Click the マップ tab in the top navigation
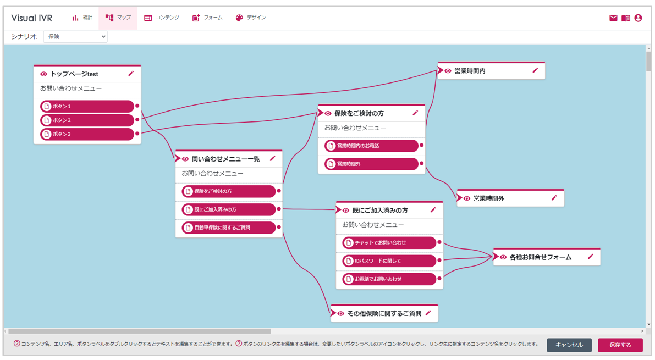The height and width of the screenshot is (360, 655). (118, 18)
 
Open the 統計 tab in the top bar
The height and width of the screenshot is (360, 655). (82, 18)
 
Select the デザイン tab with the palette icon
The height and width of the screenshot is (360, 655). (251, 18)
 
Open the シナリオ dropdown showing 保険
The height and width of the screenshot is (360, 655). (75, 37)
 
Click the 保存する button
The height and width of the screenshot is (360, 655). (620, 345)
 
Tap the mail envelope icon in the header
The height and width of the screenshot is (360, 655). (613, 18)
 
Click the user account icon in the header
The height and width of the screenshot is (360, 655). (638, 18)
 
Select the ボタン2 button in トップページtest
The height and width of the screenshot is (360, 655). (87, 120)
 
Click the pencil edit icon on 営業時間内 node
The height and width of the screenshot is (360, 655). (535, 70)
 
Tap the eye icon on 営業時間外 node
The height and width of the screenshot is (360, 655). (466, 198)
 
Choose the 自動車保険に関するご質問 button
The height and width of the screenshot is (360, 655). (228, 228)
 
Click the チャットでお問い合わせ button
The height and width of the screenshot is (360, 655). (389, 242)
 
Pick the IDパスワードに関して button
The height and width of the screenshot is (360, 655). (389, 261)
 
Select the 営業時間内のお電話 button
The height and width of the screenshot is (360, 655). (371, 146)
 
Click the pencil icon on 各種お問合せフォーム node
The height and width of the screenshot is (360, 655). (590, 257)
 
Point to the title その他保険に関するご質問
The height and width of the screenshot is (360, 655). (384, 314)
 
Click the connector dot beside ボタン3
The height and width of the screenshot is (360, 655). (137, 134)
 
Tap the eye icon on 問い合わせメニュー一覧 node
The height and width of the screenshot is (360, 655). (185, 159)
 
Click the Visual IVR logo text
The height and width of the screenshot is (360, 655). (32, 18)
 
